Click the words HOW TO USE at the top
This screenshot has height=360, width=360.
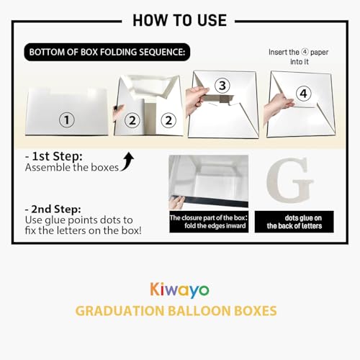pos(180,19)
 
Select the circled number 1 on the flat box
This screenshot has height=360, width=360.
pos(67,120)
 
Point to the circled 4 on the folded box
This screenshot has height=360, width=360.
pos(303,93)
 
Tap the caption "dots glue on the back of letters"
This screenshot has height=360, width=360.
pos(294,222)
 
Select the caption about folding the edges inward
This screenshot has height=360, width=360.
pos(208,222)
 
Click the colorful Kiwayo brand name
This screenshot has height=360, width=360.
pos(180,290)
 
